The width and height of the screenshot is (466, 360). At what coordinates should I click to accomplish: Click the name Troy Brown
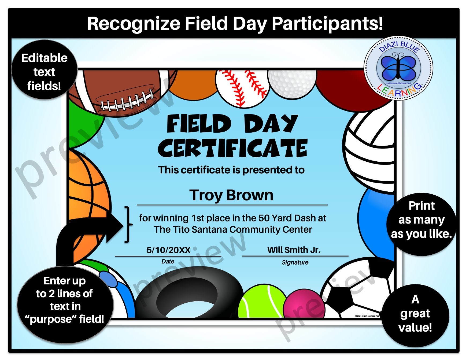point(231,195)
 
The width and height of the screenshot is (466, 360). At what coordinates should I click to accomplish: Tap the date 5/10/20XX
point(168,250)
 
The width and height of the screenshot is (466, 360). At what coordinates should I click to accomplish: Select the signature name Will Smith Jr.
point(294,250)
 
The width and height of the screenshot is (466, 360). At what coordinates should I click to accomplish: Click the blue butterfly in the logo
point(398,67)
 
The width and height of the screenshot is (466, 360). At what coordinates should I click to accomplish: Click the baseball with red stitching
point(243,87)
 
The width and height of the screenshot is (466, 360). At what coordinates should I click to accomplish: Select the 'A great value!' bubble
point(415,314)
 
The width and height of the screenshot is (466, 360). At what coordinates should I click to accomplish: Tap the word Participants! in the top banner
point(327,23)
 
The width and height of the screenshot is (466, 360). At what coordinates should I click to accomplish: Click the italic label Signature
point(295,262)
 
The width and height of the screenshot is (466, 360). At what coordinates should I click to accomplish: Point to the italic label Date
point(168,261)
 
